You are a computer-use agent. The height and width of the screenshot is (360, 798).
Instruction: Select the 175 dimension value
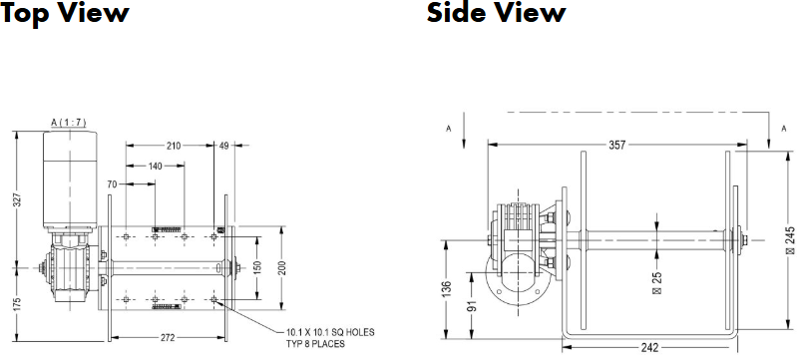[x=17, y=305]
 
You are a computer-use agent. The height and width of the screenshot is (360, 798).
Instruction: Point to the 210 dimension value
[x=174, y=146]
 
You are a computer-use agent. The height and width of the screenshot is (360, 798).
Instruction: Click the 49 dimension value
[x=223, y=146]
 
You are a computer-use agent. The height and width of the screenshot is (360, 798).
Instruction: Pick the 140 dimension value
[x=156, y=166]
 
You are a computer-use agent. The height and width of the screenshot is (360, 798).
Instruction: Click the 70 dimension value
[x=112, y=184]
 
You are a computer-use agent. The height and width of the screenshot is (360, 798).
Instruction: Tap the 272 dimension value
[x=168, y=338]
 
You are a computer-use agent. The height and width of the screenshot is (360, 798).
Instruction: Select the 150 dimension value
[x=257, y=268]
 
